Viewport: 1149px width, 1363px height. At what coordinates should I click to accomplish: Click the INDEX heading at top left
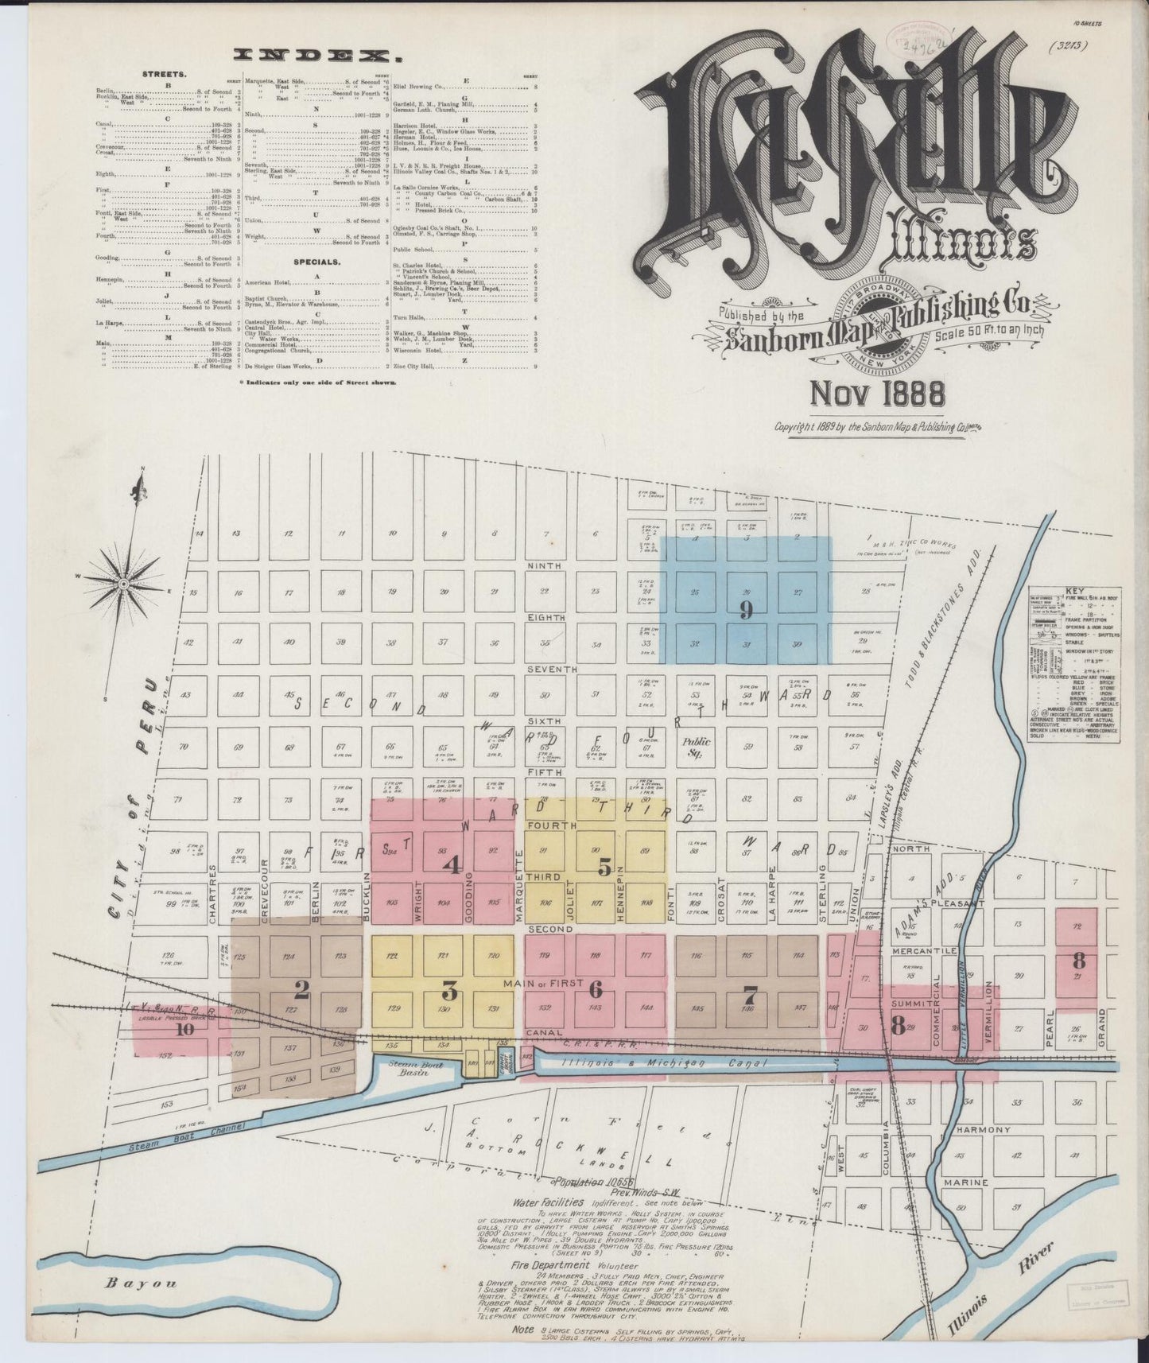pyautogui.click(x=315, y=55)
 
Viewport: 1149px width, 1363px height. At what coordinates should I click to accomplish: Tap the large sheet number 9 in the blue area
pyautogui.click(x=745, y=610)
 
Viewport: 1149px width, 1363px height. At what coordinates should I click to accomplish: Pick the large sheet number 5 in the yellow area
pyautogui.click(x=604, y=868)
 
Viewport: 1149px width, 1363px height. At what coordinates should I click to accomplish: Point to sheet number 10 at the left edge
pyautogui.click(x=186, y=1029)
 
